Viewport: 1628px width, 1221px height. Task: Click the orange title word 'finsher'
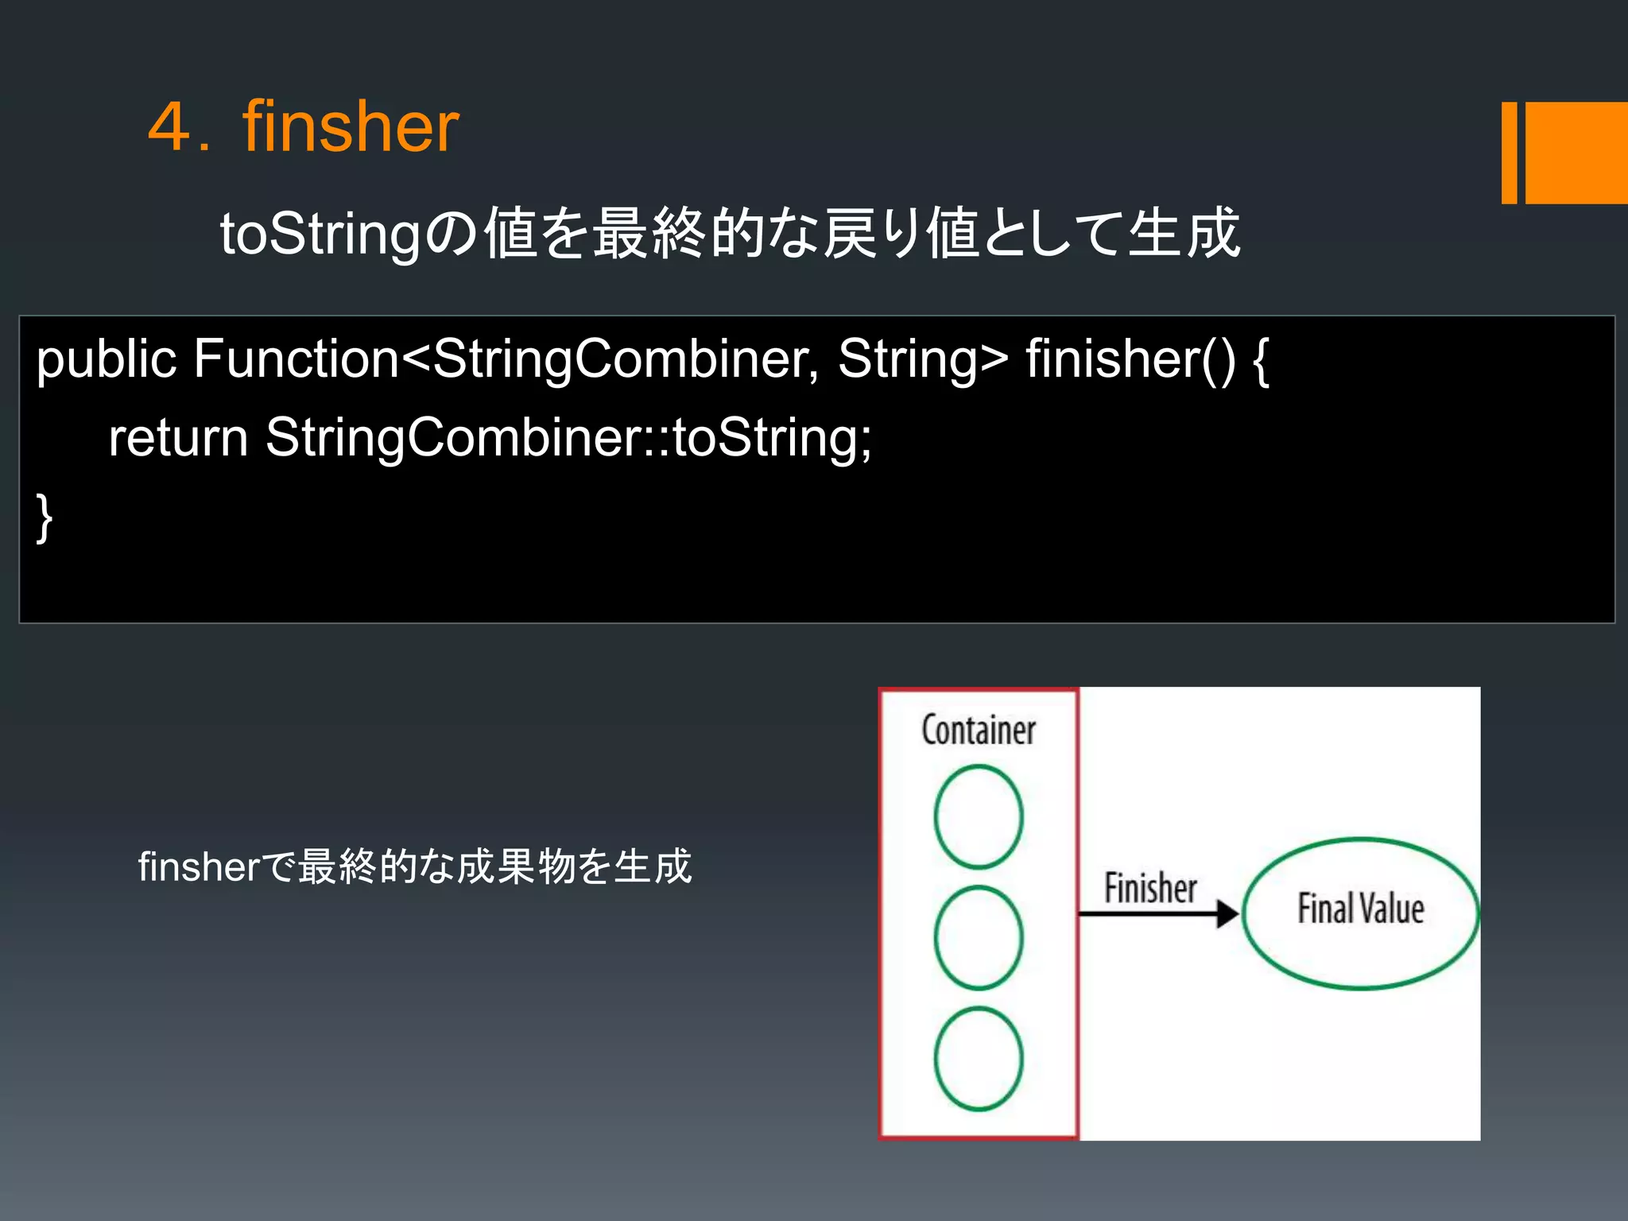[x=351, y=127]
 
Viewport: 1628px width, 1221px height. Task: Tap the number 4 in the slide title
[x=169, y=127]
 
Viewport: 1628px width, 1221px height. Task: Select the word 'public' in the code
[x=106, y=359]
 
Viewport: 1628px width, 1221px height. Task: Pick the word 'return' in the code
[x=179, y=438]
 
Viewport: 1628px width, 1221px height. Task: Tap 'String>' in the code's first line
[x=923, y=359]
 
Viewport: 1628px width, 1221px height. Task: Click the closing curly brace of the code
[x=45, y=517]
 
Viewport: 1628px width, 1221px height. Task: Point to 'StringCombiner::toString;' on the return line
[x=568, y=438]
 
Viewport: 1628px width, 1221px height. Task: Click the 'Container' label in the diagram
[x=979, y=730]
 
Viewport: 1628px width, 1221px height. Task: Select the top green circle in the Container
[x=979, y=816]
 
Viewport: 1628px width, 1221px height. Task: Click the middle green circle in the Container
[x=979, y=938]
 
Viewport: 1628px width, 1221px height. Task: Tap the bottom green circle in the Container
[x=979, y=1059]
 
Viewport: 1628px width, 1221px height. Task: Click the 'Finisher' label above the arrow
[x=1150, y=888]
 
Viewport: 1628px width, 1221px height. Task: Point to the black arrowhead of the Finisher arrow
[x=1227, y=914]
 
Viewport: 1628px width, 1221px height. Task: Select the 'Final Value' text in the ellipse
[x=1360, y=909]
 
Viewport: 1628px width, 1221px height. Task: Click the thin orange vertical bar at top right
[x=1509, y=153]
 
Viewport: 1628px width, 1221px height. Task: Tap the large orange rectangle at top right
[x=1577, y=153]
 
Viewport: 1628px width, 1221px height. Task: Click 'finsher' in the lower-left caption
[x=198, y=866]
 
